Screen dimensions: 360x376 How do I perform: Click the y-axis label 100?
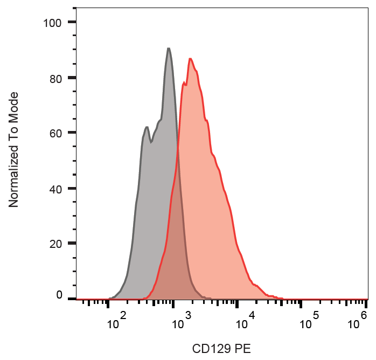53,23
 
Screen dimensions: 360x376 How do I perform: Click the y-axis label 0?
59,295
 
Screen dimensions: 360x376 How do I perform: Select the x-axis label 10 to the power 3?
180,322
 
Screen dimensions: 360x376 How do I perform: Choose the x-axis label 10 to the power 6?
357,322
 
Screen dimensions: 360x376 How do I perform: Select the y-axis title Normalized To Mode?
14,149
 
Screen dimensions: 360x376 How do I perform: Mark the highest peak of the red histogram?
190,59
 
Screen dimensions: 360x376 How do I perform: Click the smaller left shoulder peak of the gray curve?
147,127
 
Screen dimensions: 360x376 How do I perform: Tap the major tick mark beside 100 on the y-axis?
72,23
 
